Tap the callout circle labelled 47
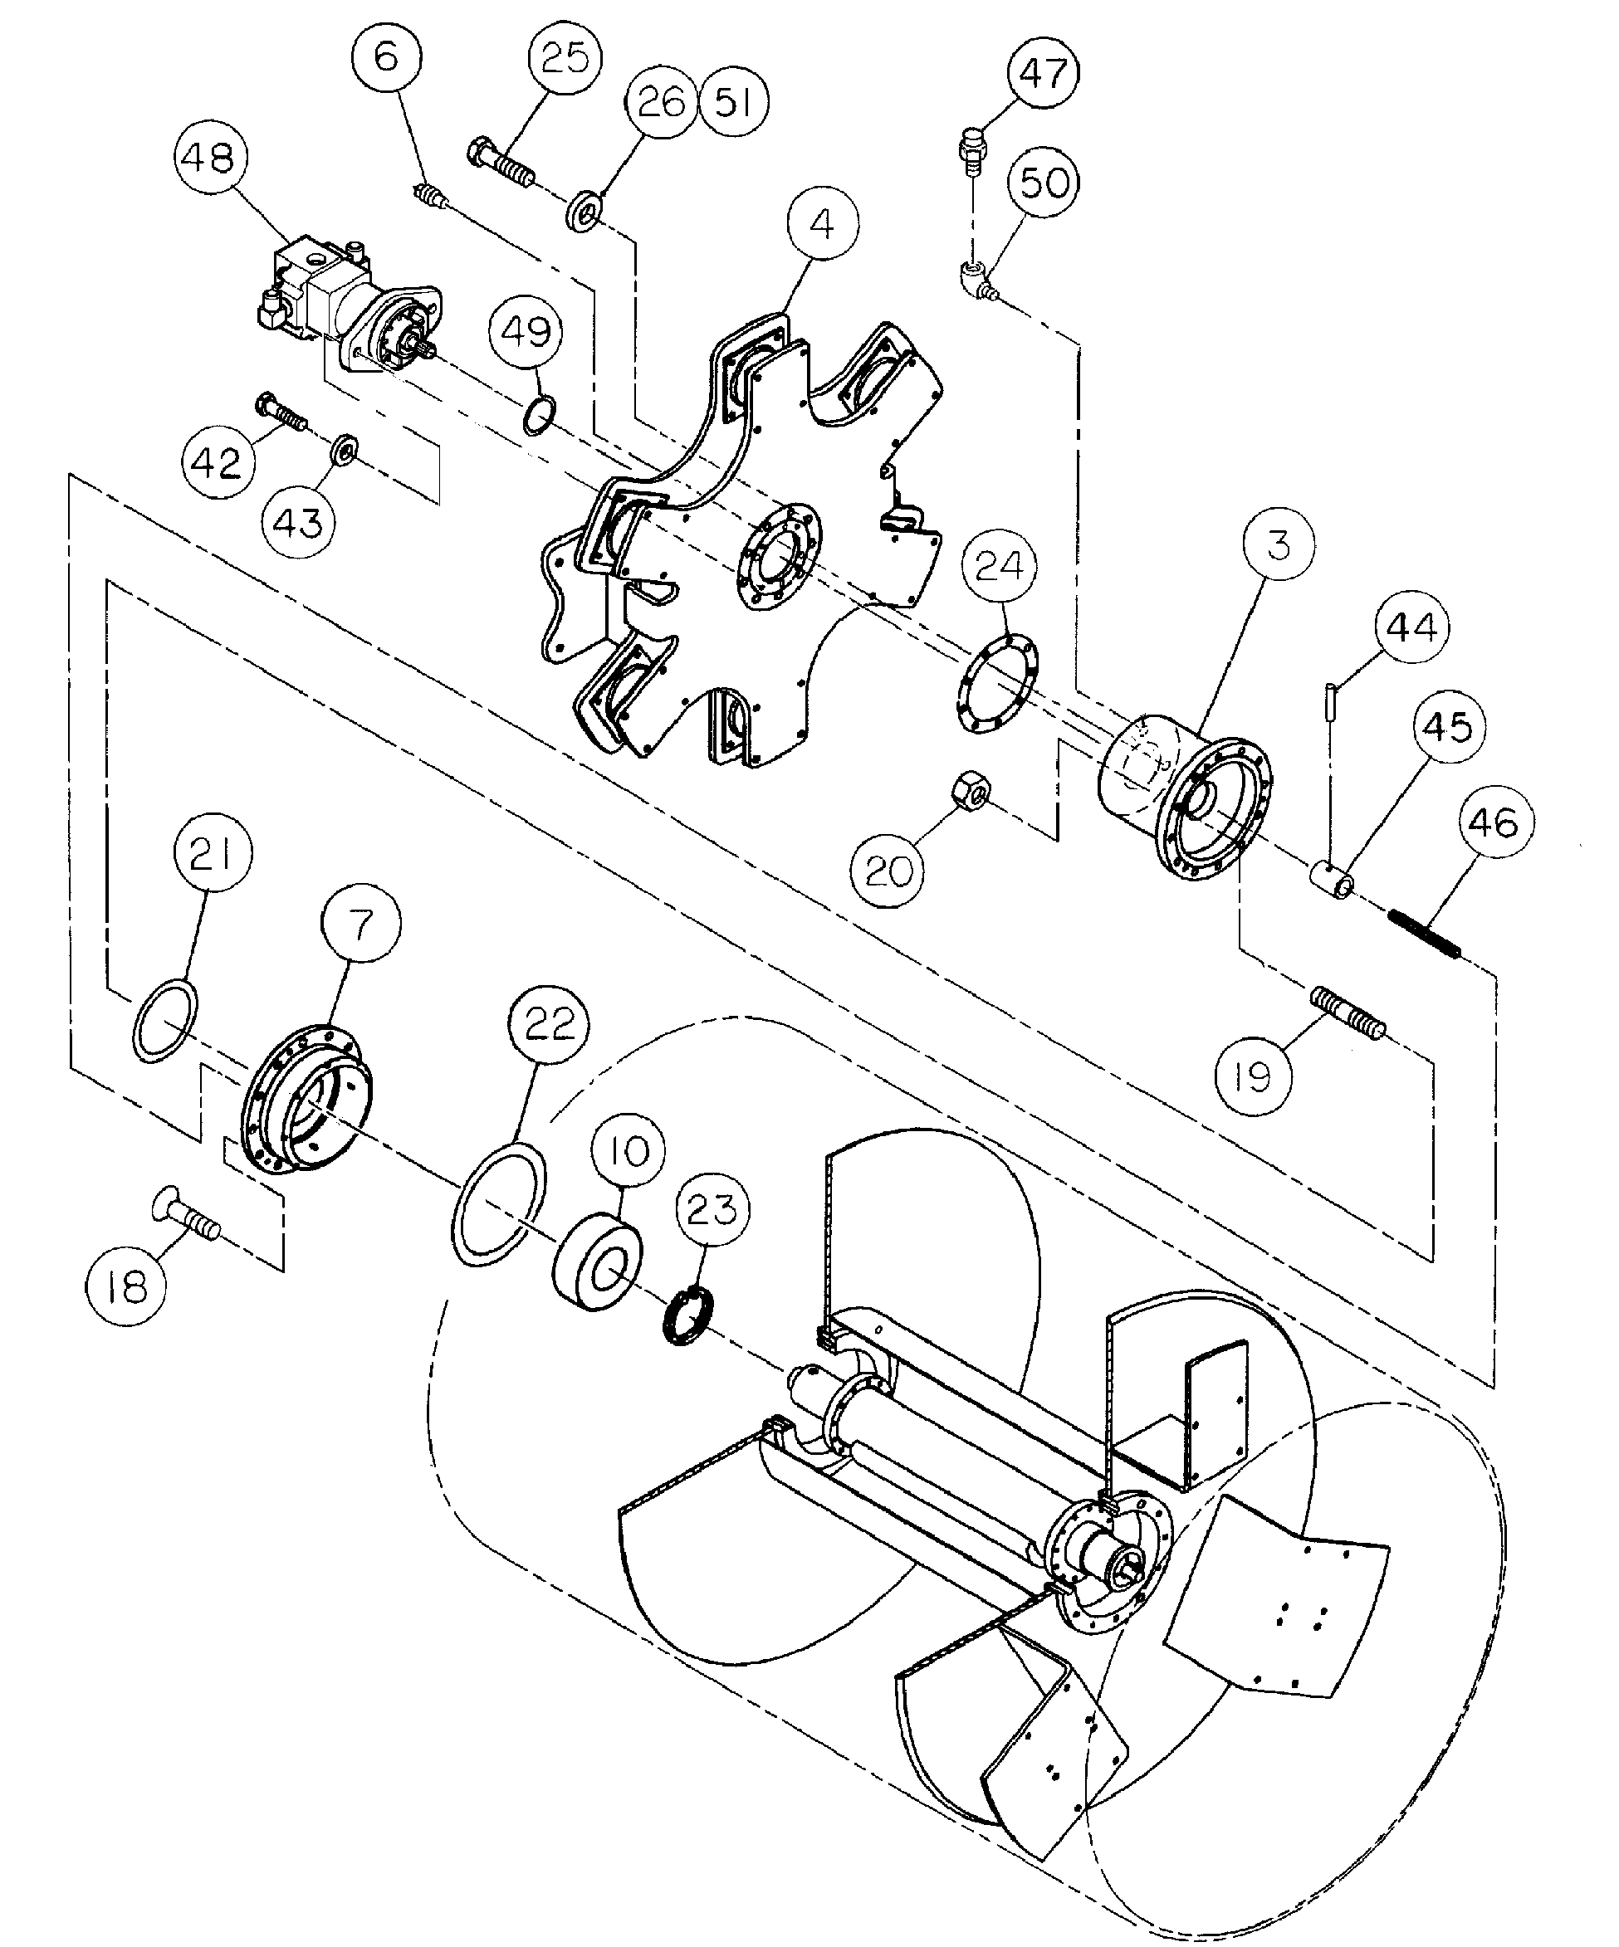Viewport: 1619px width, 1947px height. click(1044, 72)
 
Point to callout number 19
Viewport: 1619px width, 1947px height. click(1254, 1076)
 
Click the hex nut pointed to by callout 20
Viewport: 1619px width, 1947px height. click(971, 791)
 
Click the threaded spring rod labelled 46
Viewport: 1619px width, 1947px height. click(1426, 934)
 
